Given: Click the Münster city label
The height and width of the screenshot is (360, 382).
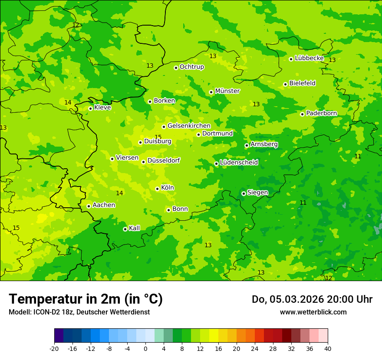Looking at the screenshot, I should [227, 91].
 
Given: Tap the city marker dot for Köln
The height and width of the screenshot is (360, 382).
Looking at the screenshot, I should [157, 189].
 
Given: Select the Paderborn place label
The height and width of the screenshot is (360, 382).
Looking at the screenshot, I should [321, 113].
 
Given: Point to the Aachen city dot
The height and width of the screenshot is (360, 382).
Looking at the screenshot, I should [89, 206].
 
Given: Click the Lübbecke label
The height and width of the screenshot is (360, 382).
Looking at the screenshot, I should [309, 58].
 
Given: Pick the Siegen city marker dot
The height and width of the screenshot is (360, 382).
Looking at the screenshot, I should [244, 193].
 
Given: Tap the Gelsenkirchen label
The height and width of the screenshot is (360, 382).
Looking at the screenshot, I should [189, 126].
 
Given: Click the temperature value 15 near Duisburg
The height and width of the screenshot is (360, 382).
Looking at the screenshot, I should [158, 137].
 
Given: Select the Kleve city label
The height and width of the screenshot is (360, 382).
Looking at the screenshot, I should [102, 108].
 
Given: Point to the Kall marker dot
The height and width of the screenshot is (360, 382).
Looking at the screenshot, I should [125, 229].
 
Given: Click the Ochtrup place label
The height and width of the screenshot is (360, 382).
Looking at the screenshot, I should [191, 67].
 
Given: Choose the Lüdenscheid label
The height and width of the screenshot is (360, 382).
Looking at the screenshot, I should [239, 163].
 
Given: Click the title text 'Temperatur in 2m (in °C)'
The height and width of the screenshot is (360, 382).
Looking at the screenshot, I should [86, 299].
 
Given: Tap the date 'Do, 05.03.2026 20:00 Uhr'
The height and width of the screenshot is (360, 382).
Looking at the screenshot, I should [312, 299].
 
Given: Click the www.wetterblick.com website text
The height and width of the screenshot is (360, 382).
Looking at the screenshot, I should [313, 312].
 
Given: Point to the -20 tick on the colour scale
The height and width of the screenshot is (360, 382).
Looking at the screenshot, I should [54, 348].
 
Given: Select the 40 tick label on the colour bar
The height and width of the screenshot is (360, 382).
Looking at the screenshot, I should [328, 348].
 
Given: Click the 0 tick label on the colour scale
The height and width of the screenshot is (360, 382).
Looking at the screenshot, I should [145, 348].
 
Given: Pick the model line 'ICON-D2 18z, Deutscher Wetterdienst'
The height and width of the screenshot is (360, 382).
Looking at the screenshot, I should [79, 312].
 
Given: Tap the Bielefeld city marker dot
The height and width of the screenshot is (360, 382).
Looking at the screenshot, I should [285, 84].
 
